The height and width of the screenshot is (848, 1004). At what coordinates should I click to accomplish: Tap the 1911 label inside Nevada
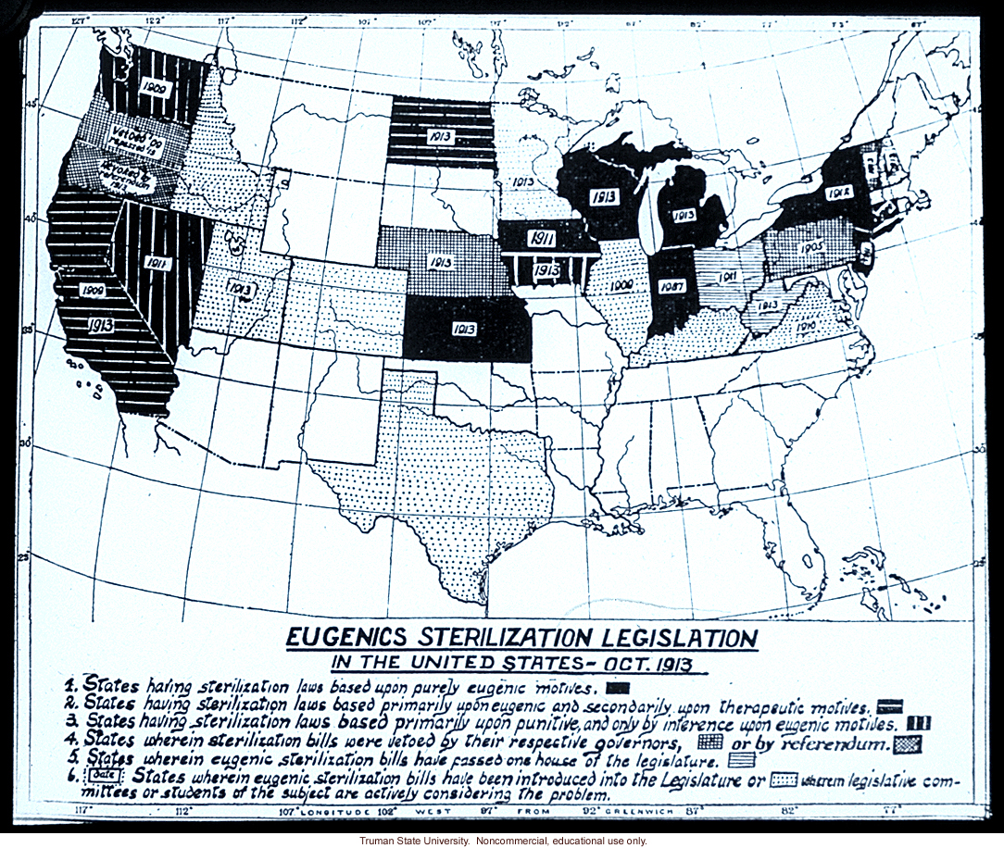(157, 263)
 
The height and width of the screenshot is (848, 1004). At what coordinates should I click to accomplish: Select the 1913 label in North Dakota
(441, 135)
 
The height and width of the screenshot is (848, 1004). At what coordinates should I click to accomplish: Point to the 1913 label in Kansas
(465, 328)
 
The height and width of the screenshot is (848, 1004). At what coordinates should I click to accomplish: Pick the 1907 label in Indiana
(671, 287)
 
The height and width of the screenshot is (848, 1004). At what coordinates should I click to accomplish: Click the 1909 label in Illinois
(620, 286)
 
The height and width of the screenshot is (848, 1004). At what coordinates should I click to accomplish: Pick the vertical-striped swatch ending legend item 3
(918, 724)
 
